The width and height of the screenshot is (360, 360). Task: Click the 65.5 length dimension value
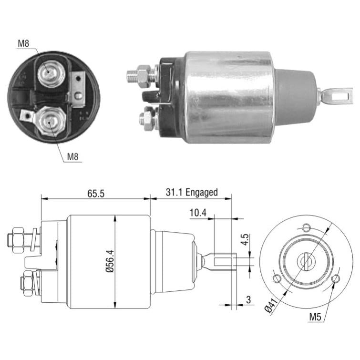[x=96, y=194]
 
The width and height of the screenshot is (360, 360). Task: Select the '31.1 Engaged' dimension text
[x=192, y=193]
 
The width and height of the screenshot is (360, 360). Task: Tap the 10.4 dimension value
[x=198, y=213]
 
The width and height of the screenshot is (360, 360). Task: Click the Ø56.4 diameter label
[x=110, y=261]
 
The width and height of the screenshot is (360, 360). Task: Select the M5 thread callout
[x=315, y=317]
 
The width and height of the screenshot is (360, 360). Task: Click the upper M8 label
[x=23, y=43]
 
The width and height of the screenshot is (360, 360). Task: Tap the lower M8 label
[x=72, y=157]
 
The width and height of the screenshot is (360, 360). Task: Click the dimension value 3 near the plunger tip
[x=248, y=299]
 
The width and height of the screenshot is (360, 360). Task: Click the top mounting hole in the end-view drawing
[x=306, y=227]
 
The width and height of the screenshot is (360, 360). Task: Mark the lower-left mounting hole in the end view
[x=277, y=278]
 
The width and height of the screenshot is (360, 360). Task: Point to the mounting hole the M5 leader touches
[x=335, y=278]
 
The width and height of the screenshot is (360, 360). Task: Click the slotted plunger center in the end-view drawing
[x=306, y=261]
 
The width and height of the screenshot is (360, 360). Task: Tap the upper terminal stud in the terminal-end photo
[x=50, y=73]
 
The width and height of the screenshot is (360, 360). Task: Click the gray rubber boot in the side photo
[x=296, y=97]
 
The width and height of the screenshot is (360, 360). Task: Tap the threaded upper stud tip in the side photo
[x=132, y=76]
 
